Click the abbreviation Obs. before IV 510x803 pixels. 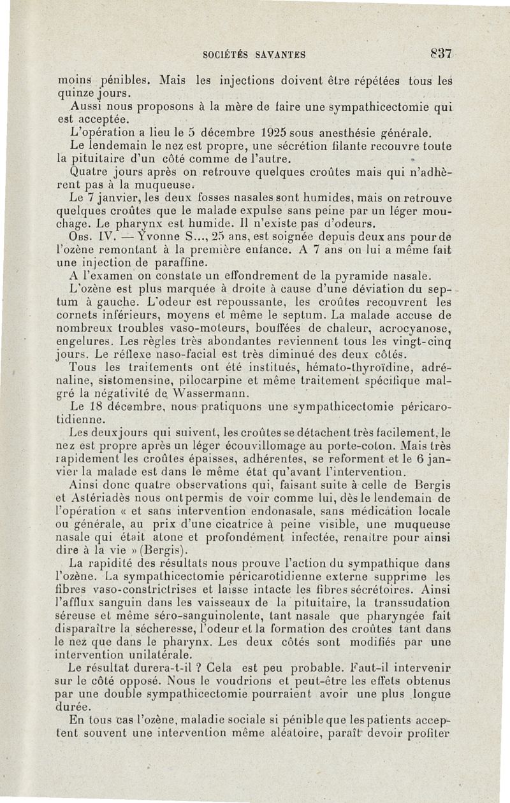[x=81, y=235]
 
